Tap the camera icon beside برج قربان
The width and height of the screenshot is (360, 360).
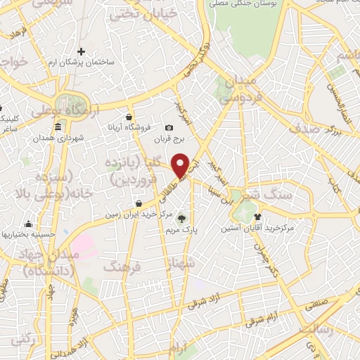pos(168,127)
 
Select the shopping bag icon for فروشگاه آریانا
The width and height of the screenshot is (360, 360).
pos(129,117)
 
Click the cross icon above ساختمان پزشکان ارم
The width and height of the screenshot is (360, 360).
pos(82,51)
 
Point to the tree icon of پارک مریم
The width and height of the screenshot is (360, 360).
pos(184,218)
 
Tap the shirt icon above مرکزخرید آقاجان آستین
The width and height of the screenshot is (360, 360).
pos(257,217)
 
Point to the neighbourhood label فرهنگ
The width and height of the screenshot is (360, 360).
pos(122,266)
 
